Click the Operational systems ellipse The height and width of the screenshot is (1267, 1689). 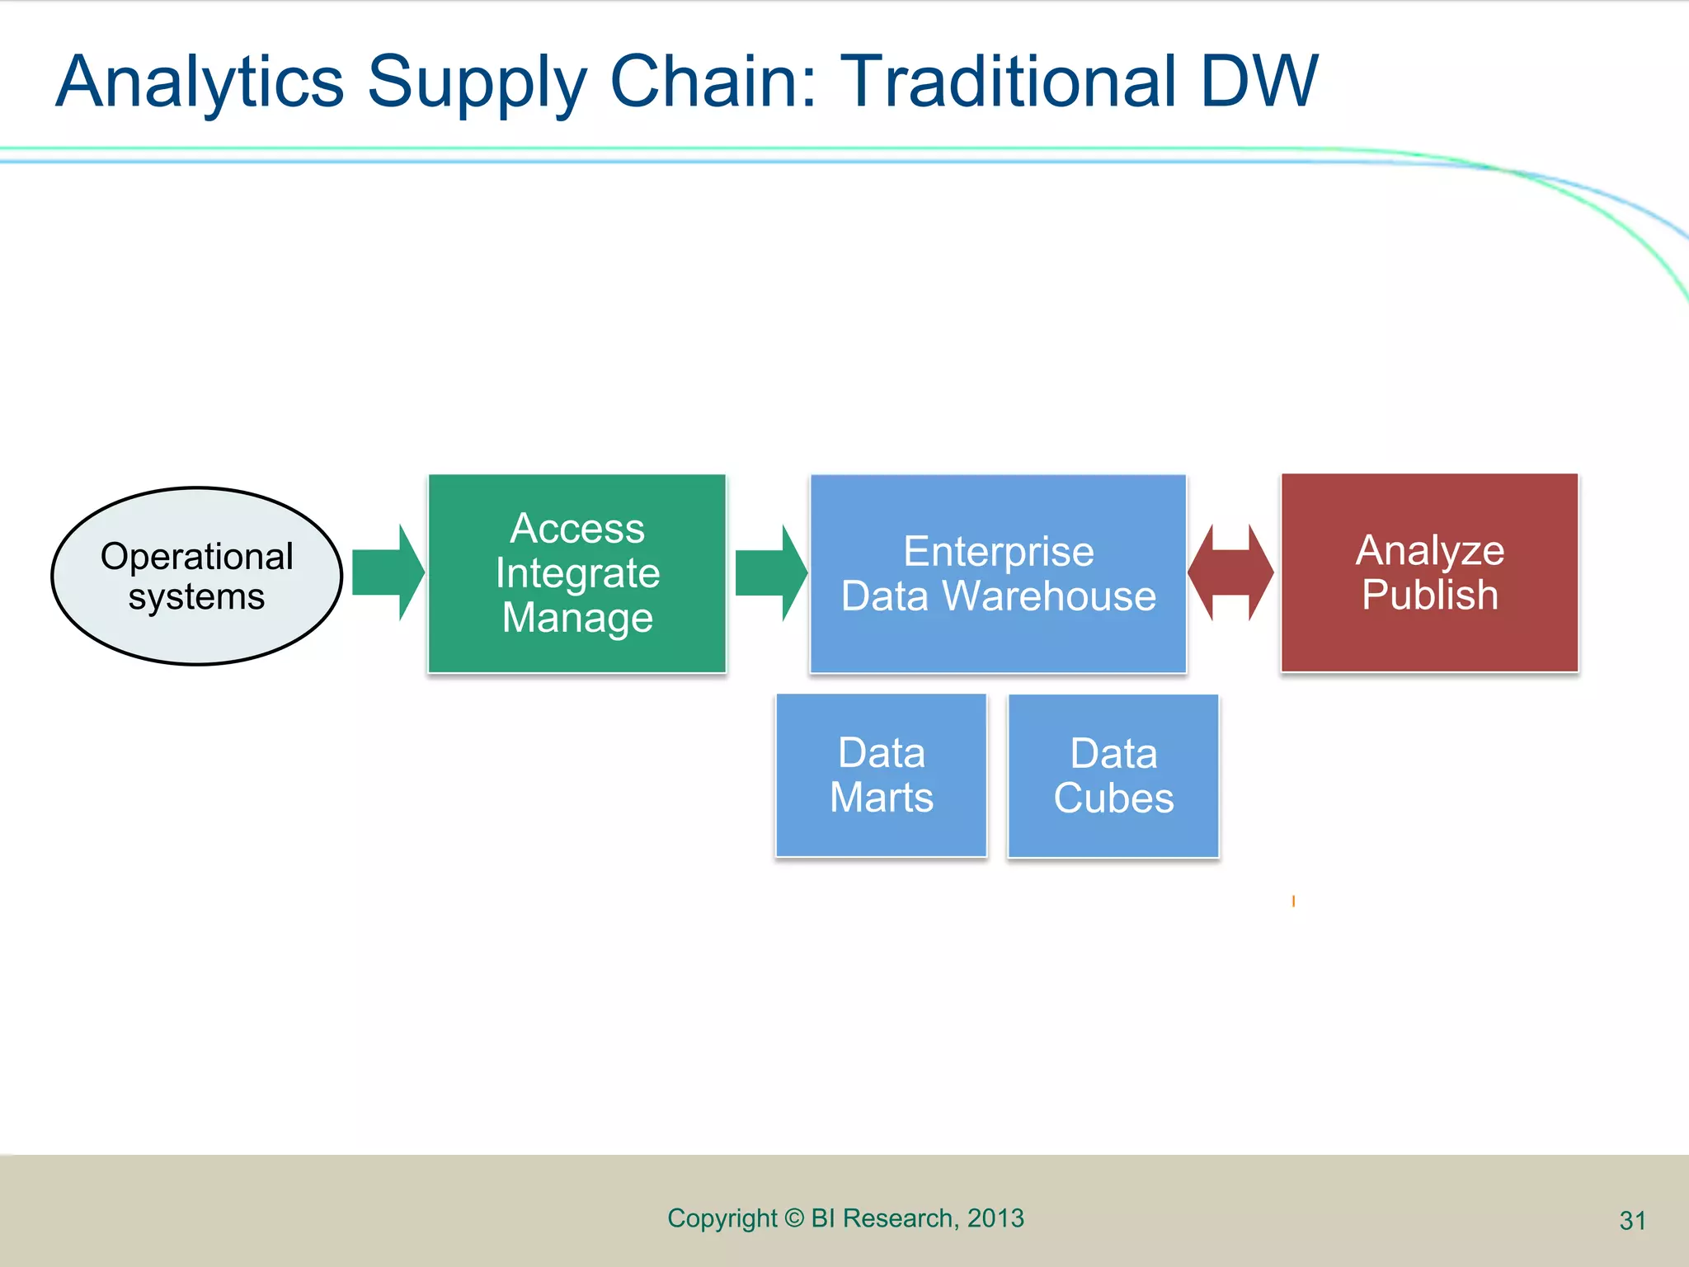(x=196, y=576)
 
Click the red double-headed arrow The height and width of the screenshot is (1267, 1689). (x=1230, y=572)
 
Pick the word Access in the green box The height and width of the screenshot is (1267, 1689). (x=577, y=528)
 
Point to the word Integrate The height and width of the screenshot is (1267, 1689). (x=577, y=572)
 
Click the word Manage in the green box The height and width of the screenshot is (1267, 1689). (x=577, y=618)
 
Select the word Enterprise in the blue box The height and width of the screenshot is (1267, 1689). (x=998, y=551)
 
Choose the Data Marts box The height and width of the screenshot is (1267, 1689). (x=881, y=775)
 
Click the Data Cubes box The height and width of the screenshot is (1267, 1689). (x=1113, y=776)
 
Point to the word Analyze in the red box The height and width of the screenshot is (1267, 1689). (x=1429, y=551)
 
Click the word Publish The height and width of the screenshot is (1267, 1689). (x=1429, y=595)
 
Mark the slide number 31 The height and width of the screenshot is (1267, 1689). (x=1632, y=1220)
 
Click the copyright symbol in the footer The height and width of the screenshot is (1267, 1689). (x=793, y=1218)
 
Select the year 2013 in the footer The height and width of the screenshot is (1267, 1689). (x=995, y=1218)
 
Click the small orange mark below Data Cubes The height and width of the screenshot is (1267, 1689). (x=1293, y=901)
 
